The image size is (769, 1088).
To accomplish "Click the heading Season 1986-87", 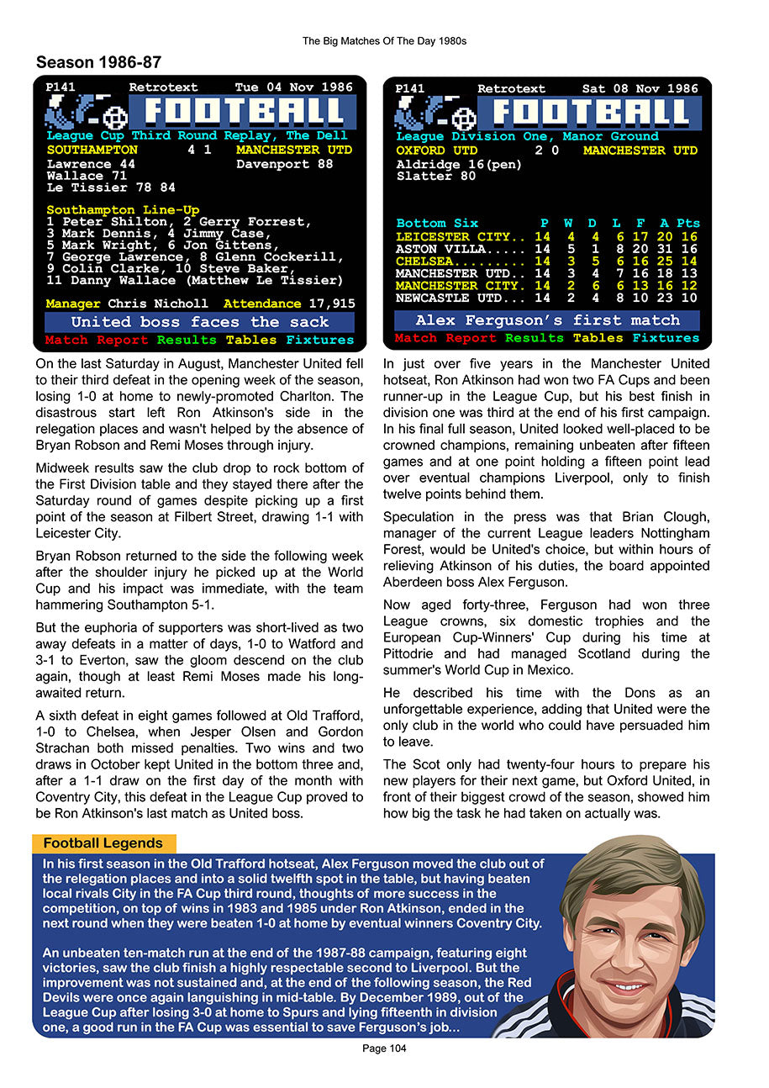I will pyautogui.click(x=98, y=62).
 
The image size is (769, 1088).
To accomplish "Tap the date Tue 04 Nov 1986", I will pyautogui.click(x=295, y=87).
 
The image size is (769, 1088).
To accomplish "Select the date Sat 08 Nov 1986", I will pyautogui.click(x=640, y=88).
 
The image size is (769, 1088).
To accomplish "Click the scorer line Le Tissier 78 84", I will pyautogui.click(x=111, y=187).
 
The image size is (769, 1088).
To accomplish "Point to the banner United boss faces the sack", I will pyautogui.click(x=199, y=322).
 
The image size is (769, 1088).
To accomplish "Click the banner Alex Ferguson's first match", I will pyautogui.click(x=547, y=320).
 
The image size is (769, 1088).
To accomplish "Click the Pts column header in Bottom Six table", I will pyautogui.click(x=687, y=223).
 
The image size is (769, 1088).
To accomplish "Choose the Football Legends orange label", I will pyautogui.click(x=103, y=843).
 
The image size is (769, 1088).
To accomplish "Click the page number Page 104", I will pyautogui.click(x=384, y=1048).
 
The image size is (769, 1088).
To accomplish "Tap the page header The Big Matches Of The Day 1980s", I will pyautogui.click(x=384, y=40).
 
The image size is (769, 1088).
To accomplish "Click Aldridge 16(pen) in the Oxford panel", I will pyautogui.click(x=459, y=164).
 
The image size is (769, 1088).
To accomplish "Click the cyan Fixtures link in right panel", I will pyautogui.click(x=666, y=338).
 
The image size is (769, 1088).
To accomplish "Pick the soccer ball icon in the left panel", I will pyautogui.click(x=113, y=116).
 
